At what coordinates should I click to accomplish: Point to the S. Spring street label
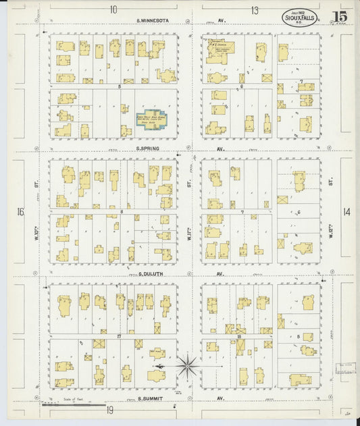tap(147, 149)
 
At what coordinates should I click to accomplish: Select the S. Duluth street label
tap(150, 275)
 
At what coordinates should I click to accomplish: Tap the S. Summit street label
tap(149, 398)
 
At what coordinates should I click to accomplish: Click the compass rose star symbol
tap(187, 367)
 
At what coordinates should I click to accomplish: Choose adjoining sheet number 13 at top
tap(255, 9)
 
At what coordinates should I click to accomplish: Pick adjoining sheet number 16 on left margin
tap(20, 212)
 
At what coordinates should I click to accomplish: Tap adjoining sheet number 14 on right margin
tap(346, 212)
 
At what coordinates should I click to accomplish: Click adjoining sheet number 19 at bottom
tap(109, 410)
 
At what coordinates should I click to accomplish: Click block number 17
tap(118, 336)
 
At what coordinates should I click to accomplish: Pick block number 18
tap(240, 336)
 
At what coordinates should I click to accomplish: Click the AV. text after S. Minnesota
tap(220, 21)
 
